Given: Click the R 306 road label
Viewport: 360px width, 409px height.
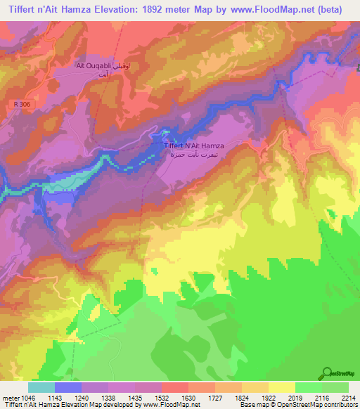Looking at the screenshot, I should [23, 104].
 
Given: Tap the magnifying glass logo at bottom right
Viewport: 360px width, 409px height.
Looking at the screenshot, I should [327, 372].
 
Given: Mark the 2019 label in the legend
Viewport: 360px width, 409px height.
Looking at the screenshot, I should [295, 398].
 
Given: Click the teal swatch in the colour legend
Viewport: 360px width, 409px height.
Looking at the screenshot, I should [41, 387].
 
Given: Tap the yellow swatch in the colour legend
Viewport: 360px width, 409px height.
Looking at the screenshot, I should [281, 387].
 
